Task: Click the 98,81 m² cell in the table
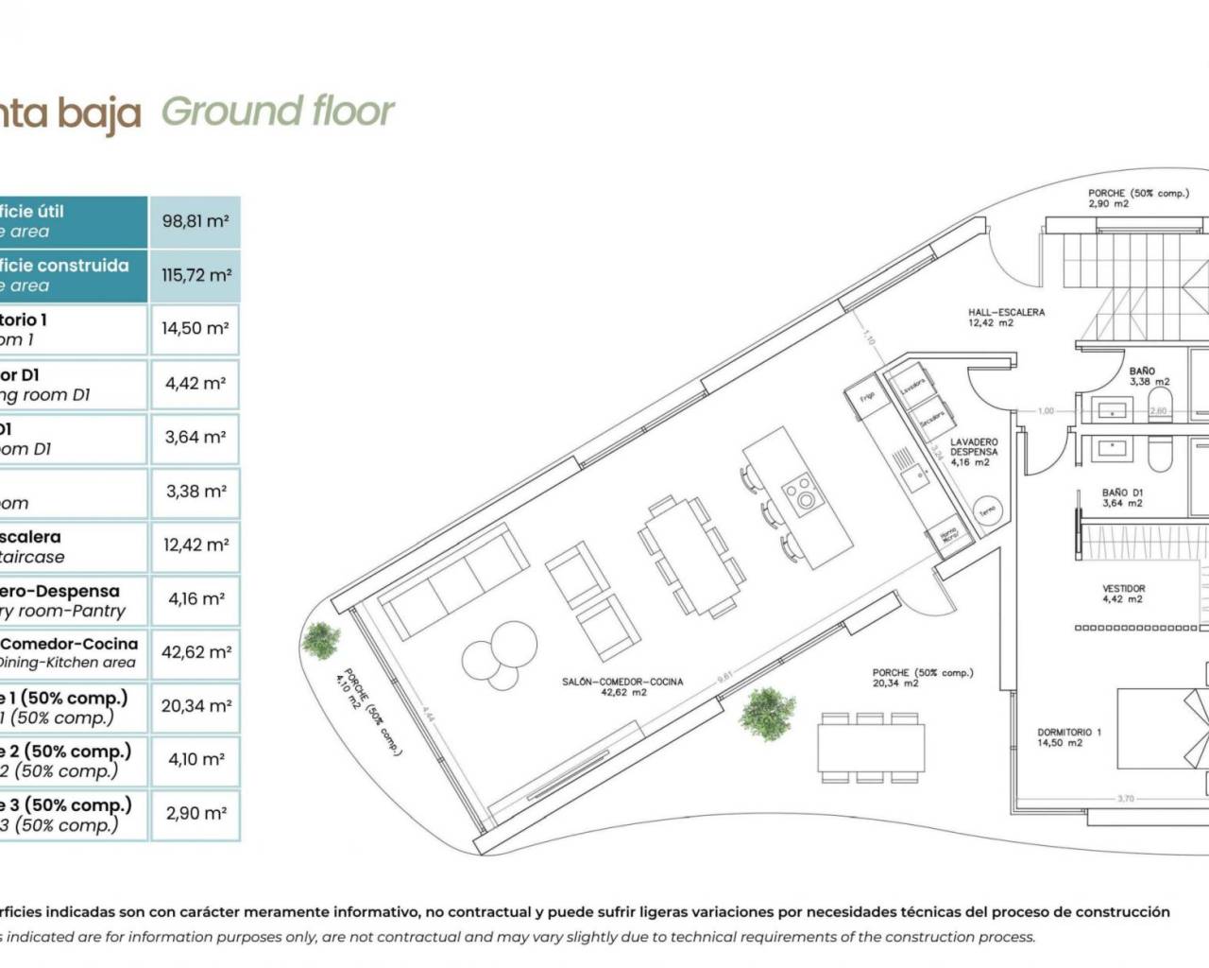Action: point(195,221)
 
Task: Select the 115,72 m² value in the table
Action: point(195,275)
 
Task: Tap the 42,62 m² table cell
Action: point(195,652)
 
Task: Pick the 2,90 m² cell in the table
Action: point(195,813)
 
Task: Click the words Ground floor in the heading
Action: point(278,112)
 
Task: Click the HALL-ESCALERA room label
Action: point(1006,317)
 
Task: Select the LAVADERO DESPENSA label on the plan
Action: point(973,452)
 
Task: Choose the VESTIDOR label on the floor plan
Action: point(1123,593)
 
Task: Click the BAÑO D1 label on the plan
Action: point(1122,497)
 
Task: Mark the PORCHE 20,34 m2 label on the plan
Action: point(922,678)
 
